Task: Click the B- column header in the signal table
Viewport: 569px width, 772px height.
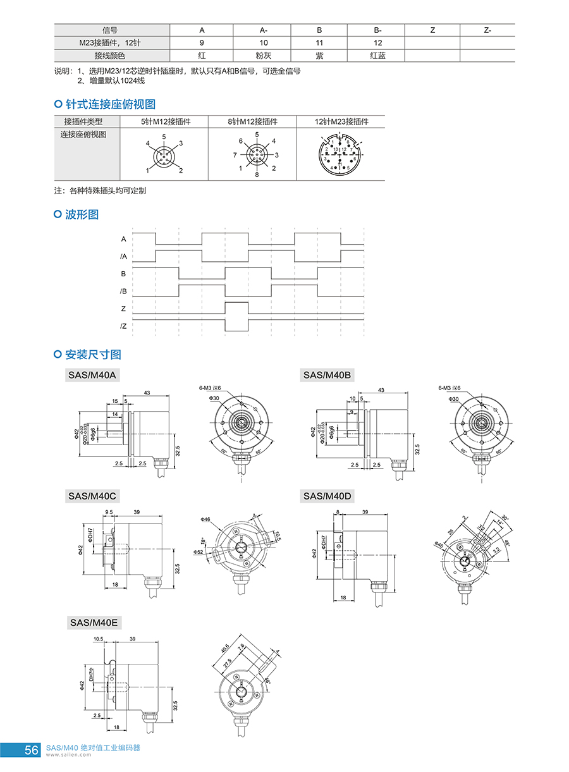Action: point(377,30)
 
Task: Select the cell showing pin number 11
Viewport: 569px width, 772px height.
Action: point(319,43)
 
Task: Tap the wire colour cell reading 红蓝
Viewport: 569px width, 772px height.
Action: point(377,56)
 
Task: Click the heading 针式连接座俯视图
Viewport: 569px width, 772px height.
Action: point(110,104)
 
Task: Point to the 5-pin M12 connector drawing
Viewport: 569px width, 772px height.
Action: point(164,154)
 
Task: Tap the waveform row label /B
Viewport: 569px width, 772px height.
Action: point(124,291)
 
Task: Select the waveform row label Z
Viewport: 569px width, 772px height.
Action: point(124,309)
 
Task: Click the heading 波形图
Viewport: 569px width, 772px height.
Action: point(82,214)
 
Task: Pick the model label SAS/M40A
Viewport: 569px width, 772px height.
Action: point(92,375)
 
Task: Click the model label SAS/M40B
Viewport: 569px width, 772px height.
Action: point(327,375)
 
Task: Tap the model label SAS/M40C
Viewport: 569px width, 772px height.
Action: point(92,496)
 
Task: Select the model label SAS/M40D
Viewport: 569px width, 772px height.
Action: point(327,496)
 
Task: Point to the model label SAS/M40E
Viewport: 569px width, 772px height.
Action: point(94,622)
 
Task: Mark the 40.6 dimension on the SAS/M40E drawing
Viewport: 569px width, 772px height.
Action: point(225,648)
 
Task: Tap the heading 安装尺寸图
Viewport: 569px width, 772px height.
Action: point(92,354)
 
